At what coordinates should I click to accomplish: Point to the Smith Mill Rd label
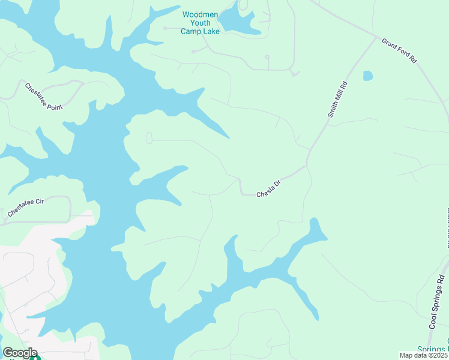point(337,100)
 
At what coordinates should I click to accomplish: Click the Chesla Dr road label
point(268,191)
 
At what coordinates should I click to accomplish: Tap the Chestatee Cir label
point(26,208)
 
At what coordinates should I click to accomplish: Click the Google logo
point(19,353)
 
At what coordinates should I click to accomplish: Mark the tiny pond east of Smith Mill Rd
point(367,76)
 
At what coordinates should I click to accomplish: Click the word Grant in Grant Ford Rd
point(390,46)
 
